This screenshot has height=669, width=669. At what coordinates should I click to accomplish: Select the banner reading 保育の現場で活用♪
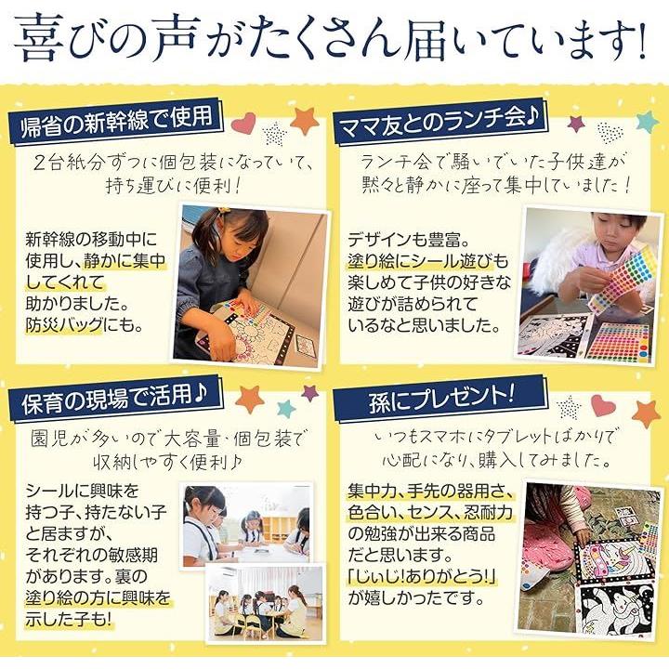pos(116,399)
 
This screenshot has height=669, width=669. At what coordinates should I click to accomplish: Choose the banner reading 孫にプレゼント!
pos(439,399)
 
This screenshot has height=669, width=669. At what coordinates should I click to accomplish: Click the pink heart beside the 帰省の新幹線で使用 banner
pos(243,123)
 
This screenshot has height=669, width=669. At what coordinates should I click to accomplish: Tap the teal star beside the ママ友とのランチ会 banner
pos(648,121)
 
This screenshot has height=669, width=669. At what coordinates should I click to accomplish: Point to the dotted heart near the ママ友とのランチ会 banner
pos(610,132)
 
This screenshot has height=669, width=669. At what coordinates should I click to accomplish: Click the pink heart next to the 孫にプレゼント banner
pos(604,405)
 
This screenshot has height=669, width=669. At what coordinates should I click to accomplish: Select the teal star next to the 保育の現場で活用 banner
pos(286,409)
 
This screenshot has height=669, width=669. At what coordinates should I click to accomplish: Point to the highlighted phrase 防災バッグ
pos(64,325)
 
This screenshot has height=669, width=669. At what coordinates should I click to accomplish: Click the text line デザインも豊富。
pos(408,240)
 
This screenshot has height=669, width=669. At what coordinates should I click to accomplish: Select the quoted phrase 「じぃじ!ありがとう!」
pos(423,576)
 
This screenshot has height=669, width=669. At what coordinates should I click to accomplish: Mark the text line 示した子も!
pos(68,620)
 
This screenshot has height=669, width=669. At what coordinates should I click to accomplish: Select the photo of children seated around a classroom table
pos(265,604)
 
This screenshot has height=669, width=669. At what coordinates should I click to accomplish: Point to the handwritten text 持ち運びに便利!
pos(174,186)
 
